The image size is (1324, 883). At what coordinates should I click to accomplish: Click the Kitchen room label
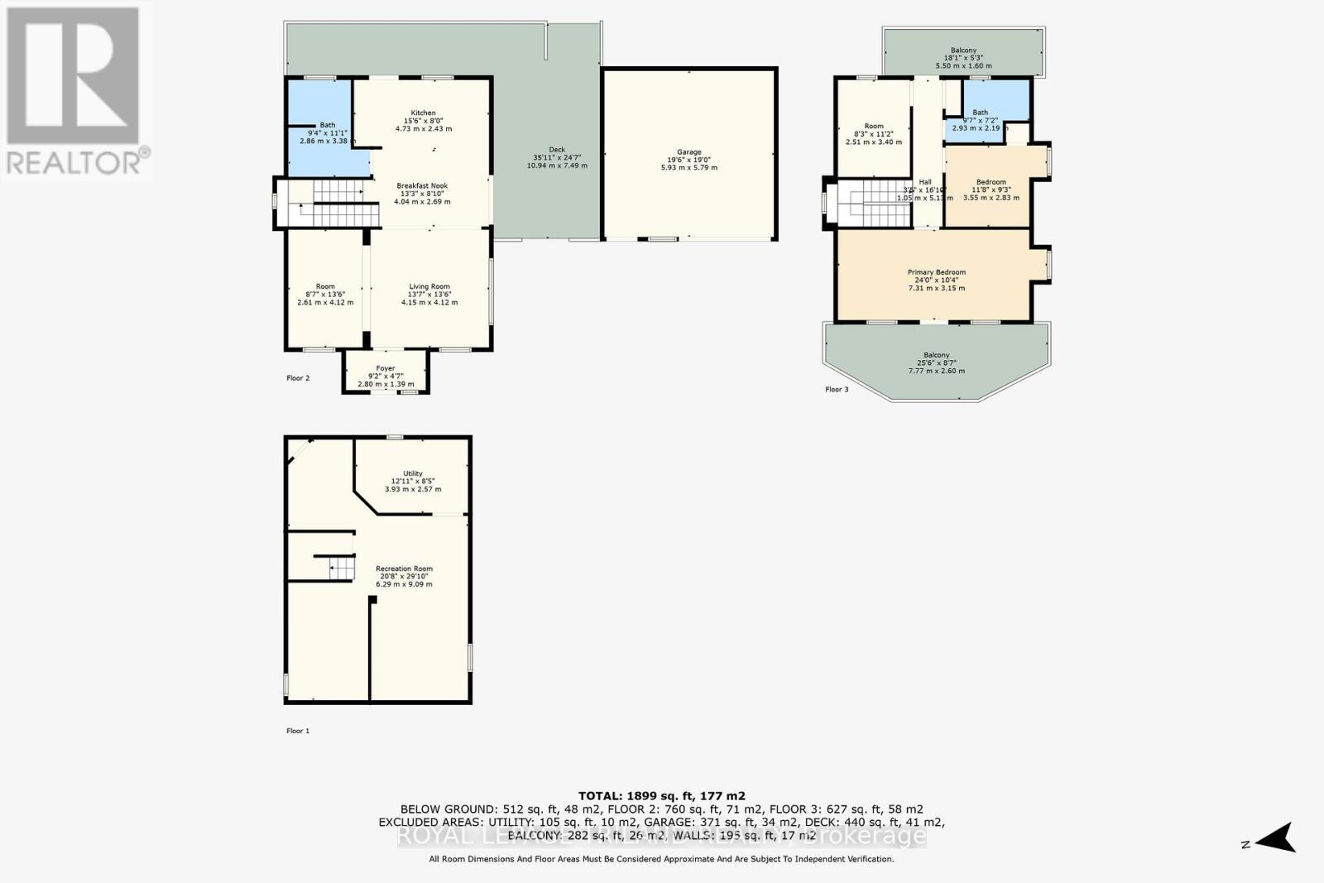pyautogui.click(x=423, y=113)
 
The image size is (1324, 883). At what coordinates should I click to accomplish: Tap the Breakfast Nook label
pyautogui.click(x=422, y=186)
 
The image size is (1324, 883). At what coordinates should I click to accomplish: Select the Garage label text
pyautogui.click(x=688, y=152)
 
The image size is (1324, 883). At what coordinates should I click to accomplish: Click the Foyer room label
pyautogui.click(x=386, y=369)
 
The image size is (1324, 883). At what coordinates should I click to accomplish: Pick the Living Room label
pyautogui.click(x=429, y=287)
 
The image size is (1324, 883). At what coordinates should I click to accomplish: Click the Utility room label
pyautogui.click(x=413, y=474)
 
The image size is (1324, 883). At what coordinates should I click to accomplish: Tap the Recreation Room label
pyautogui.click(x=404, y=569)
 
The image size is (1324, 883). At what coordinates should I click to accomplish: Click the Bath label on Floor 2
pyautogui.click(x=328, y=126)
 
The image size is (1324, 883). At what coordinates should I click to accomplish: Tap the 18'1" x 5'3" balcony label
pyautogui.click(x=963, y=51)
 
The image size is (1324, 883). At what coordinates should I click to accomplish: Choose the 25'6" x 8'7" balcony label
pyautogui.click(x=936, y=356)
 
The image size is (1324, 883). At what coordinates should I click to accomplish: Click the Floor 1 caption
pyautogui.click(x=298, y=732)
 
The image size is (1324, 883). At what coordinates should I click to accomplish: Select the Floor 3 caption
pyautogui.click(x=837, y=390)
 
